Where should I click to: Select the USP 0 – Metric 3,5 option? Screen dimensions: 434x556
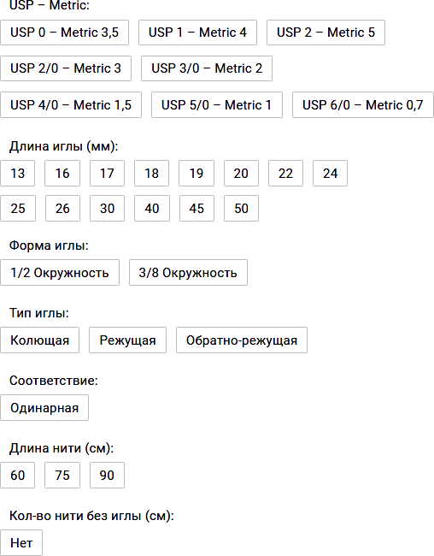click(x=64, y=33)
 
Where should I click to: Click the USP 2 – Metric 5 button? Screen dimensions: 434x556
click(x=325, y=33)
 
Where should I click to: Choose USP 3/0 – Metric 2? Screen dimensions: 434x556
click(x=207, y=68)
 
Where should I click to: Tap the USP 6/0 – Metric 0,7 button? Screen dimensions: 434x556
click(x=363, y=105)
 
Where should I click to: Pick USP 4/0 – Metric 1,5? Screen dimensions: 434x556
click(x=71, y=105)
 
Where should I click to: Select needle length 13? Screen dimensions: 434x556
click(x=18, y=174)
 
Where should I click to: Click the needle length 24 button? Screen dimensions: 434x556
click(x=330, y=174)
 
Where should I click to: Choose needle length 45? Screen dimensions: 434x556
click(x=196, y=209)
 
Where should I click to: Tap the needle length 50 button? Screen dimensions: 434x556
click(x=241, y=209)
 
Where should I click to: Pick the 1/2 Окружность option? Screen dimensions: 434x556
click(x=60, y=273)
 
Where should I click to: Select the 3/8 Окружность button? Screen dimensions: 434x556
click(x=188, y=273)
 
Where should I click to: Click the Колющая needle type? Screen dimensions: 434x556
click(x=39, y=340)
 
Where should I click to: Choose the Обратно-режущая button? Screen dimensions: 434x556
click(x=242, y=340)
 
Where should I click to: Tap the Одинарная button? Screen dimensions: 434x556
click(x=44, y=408)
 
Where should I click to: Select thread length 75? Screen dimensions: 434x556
click(x=62, y=475)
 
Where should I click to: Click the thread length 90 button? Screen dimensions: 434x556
click(x=107, y=475)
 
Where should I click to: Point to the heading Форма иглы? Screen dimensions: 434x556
click(x=49, y=245)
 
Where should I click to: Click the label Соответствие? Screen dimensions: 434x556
click(x=54, y=381)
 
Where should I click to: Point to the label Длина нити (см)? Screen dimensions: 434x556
click(x=62, y=448)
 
